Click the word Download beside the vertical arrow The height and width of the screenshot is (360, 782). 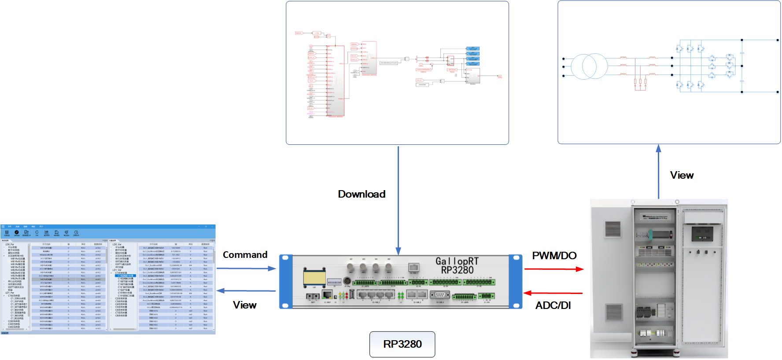pyautogui.click(x=361, y=194)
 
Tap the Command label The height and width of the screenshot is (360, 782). pyautogui.click(x=245, y=255)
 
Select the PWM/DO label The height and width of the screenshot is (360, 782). pyautogui.click(x=554, y=256)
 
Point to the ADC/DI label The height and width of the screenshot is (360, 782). pyautogui.click(x=553, y=305)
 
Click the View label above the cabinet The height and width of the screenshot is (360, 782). pyautogui.click(x=682, y=175)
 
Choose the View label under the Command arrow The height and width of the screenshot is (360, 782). pyautogui.click(x=244, y=305)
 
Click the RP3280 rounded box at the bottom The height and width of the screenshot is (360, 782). pyautogui.click(x=402, y=344)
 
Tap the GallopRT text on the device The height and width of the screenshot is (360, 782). pyautogui.click(x=457, y=261)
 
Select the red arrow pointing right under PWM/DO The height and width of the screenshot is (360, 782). pyautogui.click(x=553, y=269)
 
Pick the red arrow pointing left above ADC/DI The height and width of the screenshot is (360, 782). pyautogui.click(x=553, y=293)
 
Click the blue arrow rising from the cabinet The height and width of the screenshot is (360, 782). pyautogui.click(x=658, y=172)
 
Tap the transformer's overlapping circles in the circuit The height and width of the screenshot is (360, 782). pyautogui.click(x=589, y=66)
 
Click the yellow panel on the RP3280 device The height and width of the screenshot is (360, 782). pyautogui.click(x=314, y=278)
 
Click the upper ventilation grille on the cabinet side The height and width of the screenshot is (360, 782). pyautogui.click(x=612, y=229)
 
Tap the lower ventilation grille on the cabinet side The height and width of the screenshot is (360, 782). pyautogui.click(x=613, y=312)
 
